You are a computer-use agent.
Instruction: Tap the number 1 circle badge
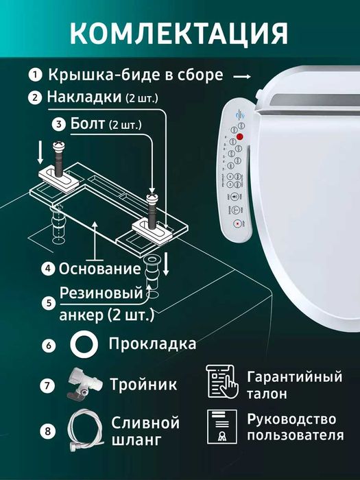click(34, 75)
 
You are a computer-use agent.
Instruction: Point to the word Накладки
click(83, 97)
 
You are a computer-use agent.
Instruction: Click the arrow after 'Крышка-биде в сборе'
click(243, 75)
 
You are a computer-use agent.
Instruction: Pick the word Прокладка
click(152, 344)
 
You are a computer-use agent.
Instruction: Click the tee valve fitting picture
click(83, 385)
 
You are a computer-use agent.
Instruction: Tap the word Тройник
click(145, 385)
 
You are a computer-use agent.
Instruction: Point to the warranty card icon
click(222, 384)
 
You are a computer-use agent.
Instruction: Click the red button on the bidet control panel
click(239, 136)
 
